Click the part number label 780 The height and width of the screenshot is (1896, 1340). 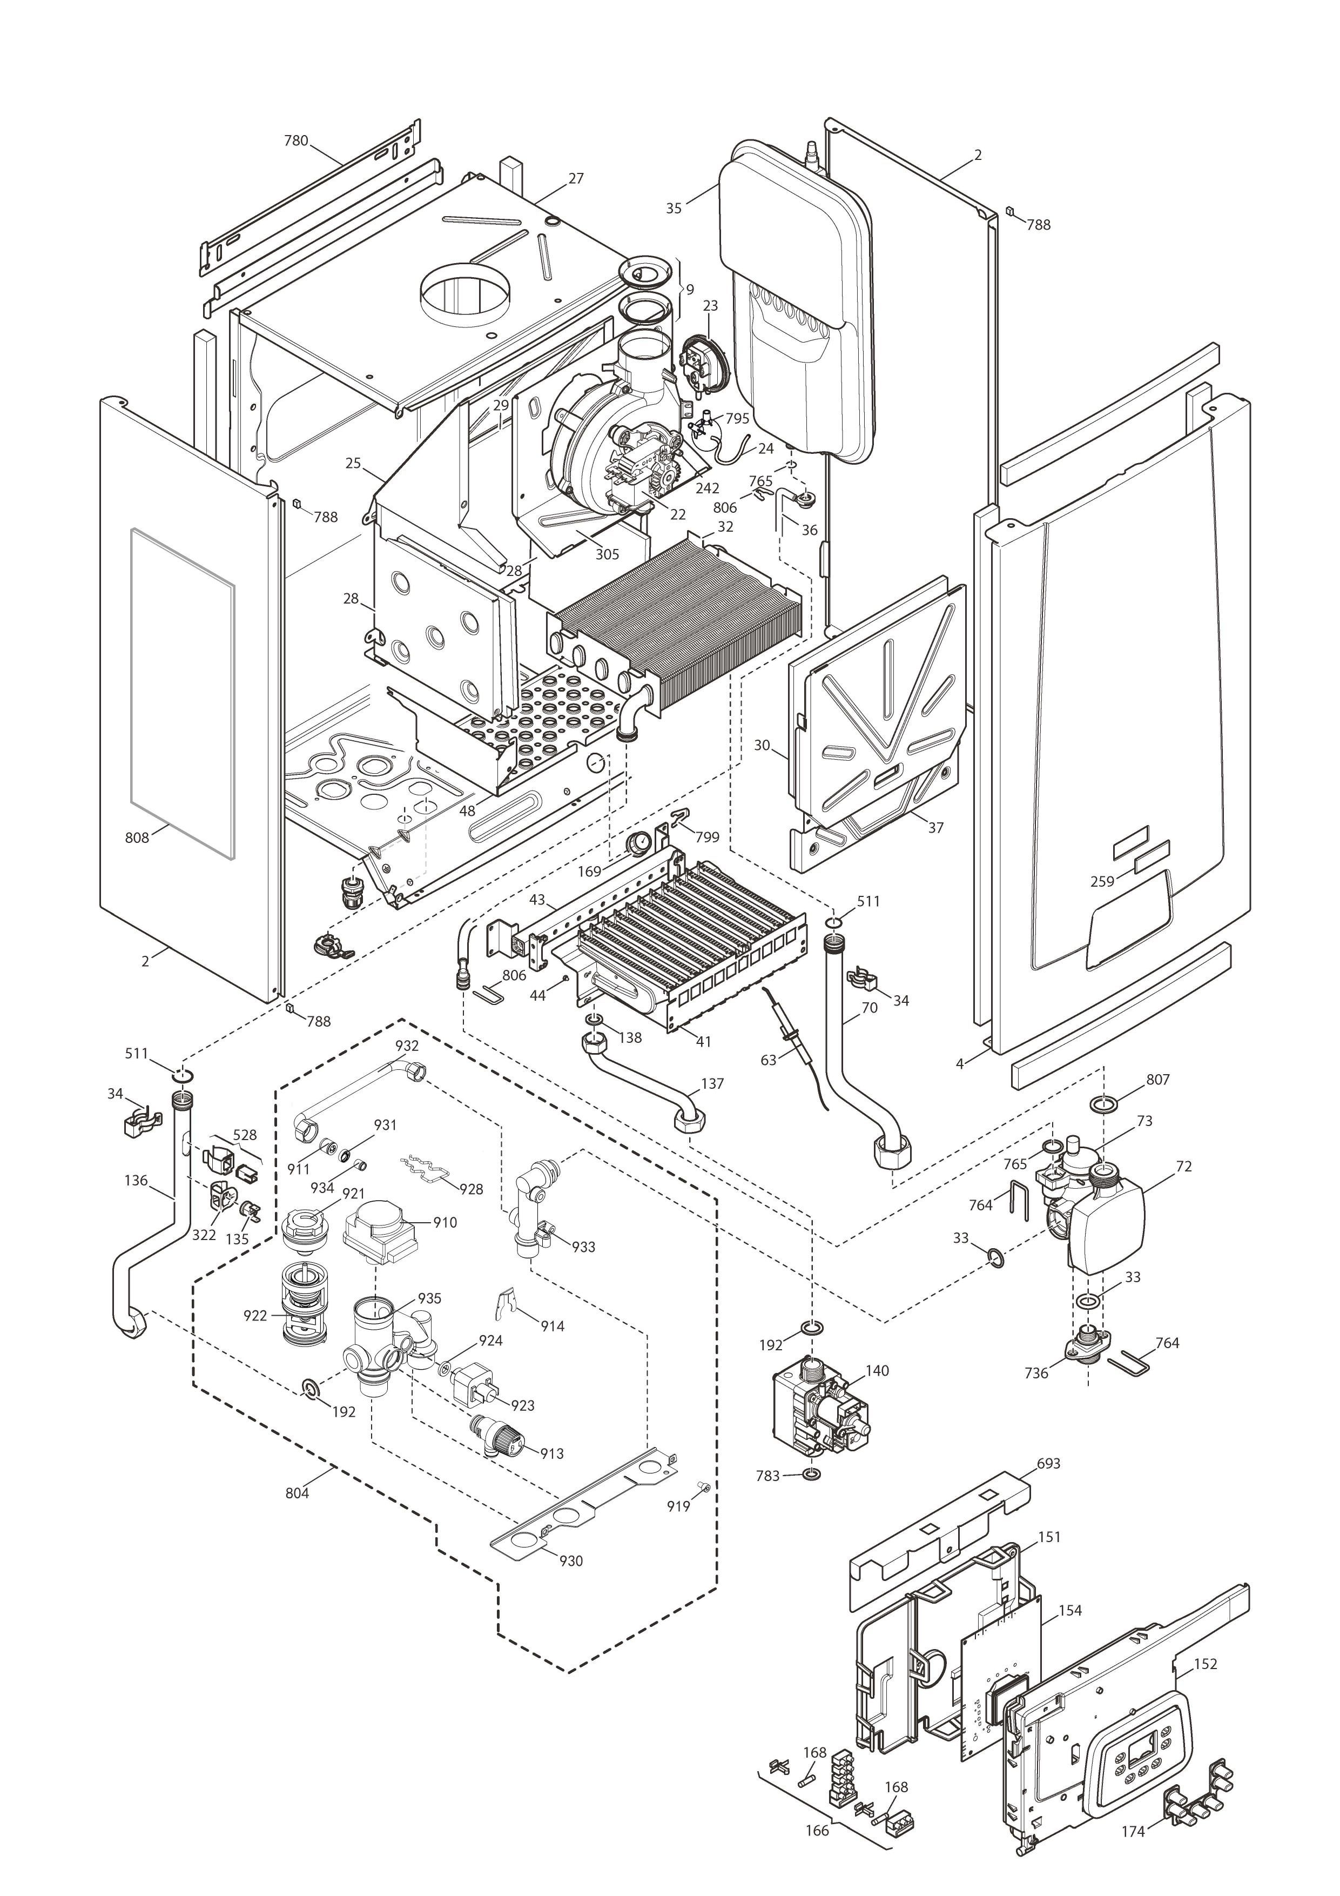tap(295, 140)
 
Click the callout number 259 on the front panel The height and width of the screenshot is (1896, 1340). tap(1102, 881)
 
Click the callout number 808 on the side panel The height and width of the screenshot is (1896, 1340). tap(137, 838)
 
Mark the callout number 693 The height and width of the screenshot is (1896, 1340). tap(1048, 1463)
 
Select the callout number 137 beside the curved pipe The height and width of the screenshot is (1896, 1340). tap(712, 1083)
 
